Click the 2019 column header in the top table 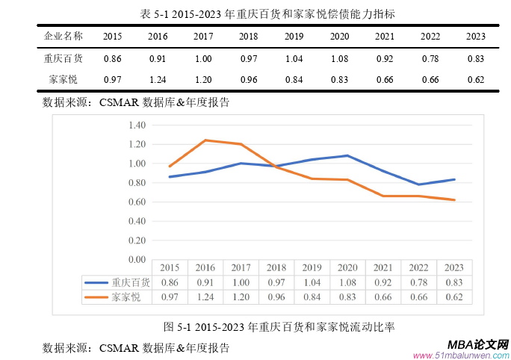point(294,36)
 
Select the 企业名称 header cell point(64,36)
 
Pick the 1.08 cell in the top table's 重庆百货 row point(339,58)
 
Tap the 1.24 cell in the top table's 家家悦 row point(158,78)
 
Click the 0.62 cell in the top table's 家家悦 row point(475,78)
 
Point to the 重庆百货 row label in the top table point(64,58)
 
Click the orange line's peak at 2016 point(205,140)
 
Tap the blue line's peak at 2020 point(348,155)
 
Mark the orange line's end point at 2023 point(455,199)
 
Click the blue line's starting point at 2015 point(170,177)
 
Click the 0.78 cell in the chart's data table point(419,282)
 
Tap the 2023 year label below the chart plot point(455,268)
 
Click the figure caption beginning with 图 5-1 point(279,326)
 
